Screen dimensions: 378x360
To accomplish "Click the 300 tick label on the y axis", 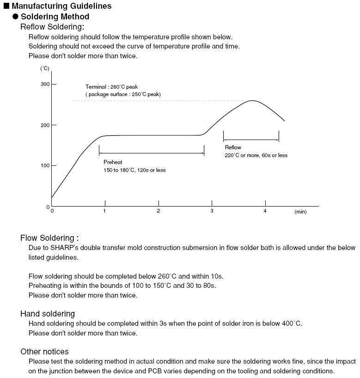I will pos(45,85).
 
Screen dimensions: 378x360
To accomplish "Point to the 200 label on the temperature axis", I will pos(45,125).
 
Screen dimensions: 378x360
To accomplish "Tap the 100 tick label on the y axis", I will pos(45,165).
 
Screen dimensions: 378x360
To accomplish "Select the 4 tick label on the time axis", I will pos(265,211).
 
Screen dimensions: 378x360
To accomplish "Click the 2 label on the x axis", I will pos(159,211).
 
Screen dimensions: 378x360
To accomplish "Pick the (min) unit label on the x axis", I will pos(300,212).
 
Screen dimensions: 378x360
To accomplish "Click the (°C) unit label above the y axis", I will pos(45,68).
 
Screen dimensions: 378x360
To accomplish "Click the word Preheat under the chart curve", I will pos(113,163).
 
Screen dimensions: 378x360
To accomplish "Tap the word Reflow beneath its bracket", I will pos(233,147).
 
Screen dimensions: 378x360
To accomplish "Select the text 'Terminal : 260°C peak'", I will pos(111,86).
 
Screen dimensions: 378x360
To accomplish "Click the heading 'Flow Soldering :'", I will pos(49,238).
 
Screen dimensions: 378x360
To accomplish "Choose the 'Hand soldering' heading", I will pos(48,314).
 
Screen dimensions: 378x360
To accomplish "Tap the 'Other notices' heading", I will pos(44,352).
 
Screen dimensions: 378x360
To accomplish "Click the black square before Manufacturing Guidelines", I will pos(6,6).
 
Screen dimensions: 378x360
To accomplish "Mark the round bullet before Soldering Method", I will pos(15,17).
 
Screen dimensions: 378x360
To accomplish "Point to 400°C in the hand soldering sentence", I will pos(292,323).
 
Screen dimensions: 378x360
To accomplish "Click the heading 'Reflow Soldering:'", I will pos(52,27).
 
